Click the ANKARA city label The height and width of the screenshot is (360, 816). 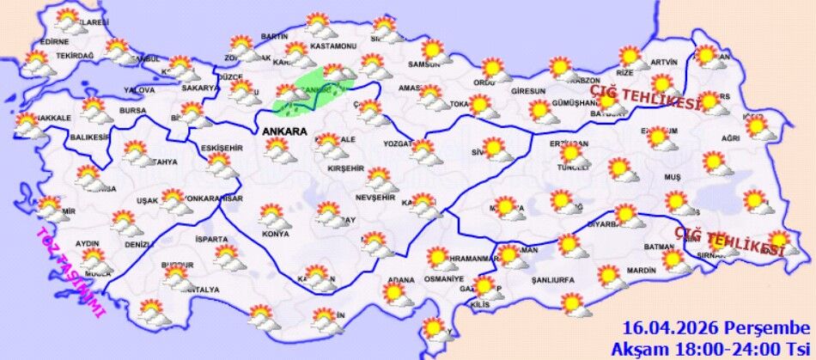pyautogui.click(x=287, y=131)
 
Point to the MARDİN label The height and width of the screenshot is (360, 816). pyautogui.click(x=641, y=272)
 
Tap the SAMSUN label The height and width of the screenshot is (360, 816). pyautogui.click(x=424, y=64)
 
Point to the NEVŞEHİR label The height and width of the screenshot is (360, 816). pyautogui.click(x=375, y=197)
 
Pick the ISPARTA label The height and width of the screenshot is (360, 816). pyautogui.click(x=211, y=239)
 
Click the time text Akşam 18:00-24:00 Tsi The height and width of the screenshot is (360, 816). pyautogui.click(x=710, y=349)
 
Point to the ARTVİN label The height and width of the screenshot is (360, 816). pyautogui.click(x=664, y=62)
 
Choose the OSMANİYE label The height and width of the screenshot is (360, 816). pyautogui.click(x=445, y=279)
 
